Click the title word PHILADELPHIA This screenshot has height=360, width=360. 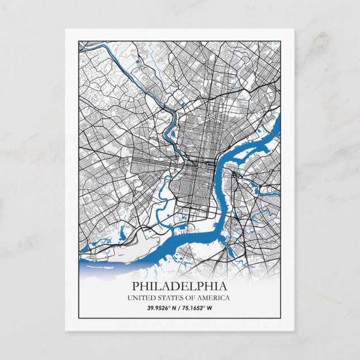click(179, 286)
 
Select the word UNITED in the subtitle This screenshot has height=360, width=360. click(142, 298)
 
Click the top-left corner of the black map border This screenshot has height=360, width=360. click(79, 40)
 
